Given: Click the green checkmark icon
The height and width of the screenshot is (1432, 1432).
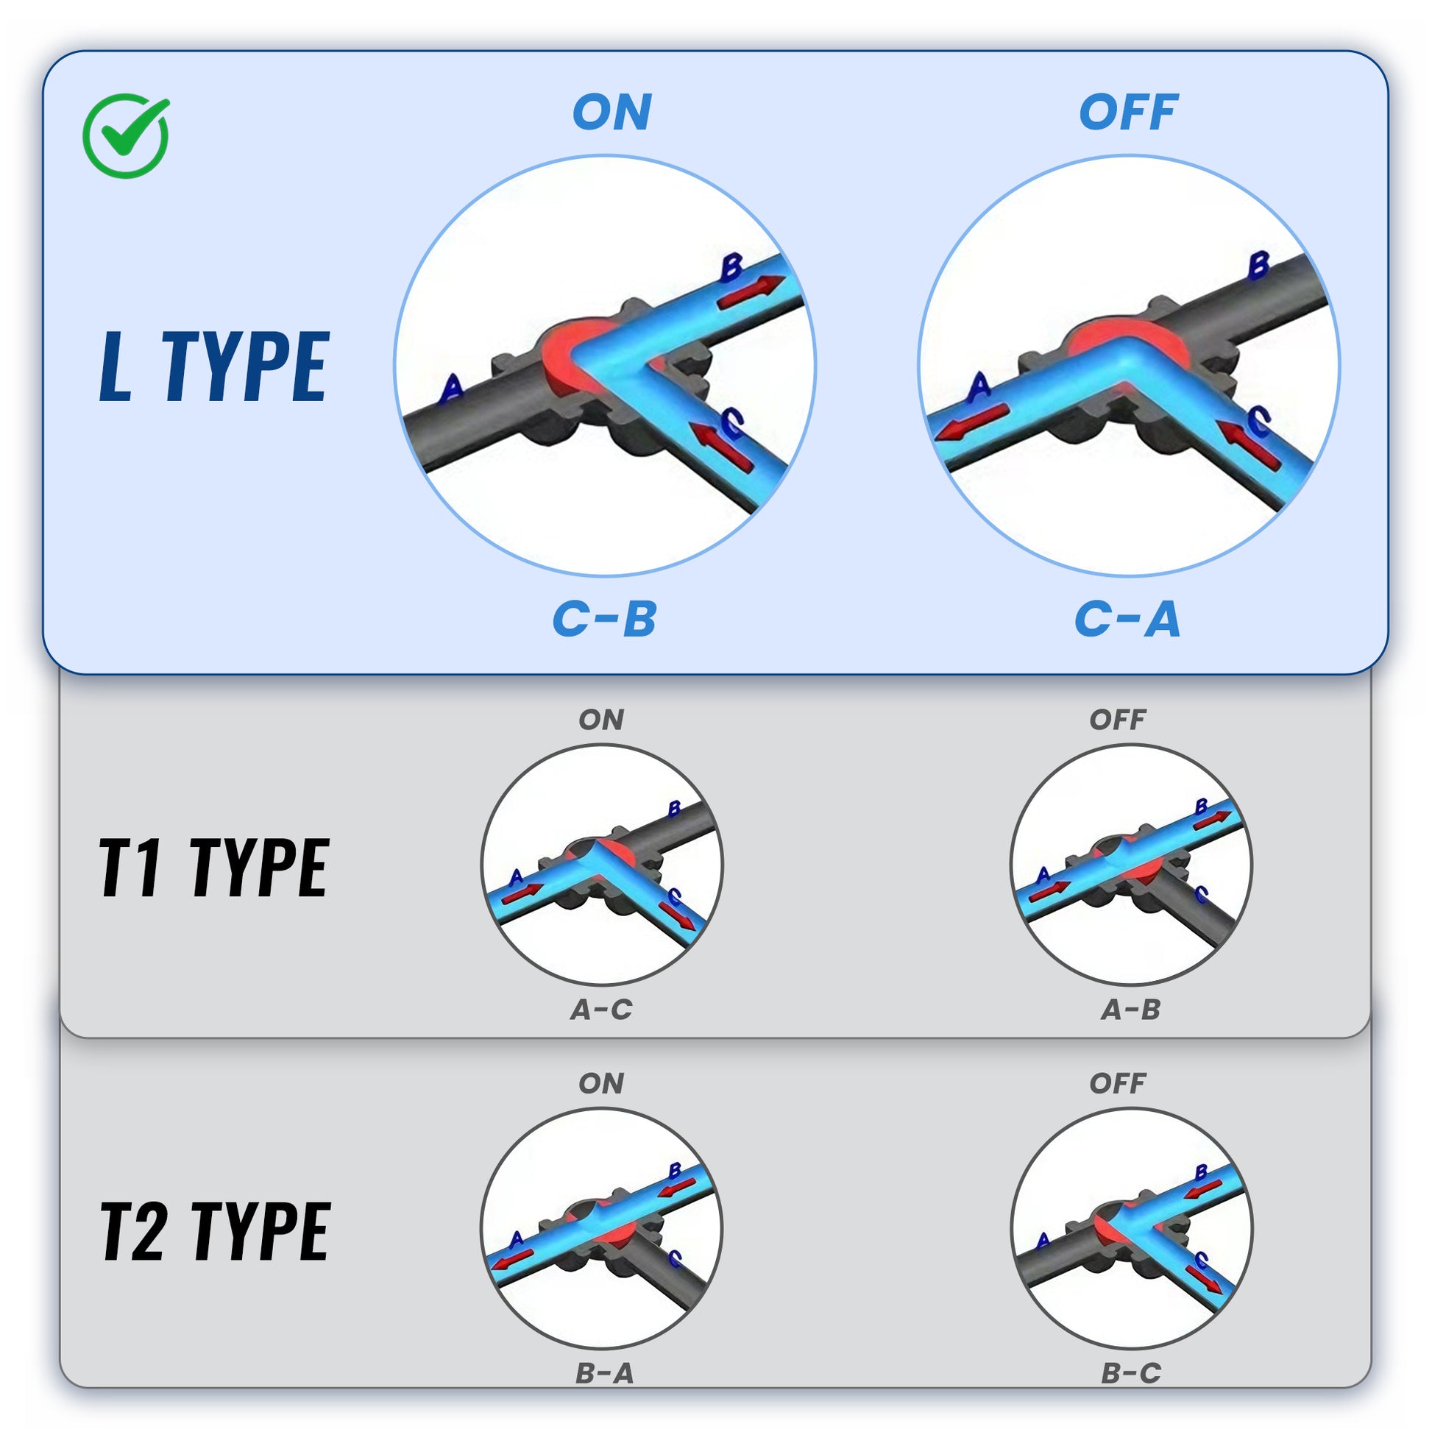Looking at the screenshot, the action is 126,135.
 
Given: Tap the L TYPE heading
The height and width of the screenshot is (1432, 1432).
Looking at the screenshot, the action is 213,367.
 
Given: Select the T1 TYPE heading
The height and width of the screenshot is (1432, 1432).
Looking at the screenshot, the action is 213,868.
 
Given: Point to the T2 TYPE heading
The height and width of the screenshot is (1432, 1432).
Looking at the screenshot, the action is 215,1231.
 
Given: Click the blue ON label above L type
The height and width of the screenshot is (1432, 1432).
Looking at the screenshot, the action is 612,113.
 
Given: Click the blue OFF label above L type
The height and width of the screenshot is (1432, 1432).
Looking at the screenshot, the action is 1128,113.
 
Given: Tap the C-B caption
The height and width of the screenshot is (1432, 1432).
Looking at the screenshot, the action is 605,619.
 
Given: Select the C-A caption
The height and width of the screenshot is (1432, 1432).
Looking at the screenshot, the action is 1127,619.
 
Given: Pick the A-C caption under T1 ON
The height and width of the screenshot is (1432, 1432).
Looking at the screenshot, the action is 602,1010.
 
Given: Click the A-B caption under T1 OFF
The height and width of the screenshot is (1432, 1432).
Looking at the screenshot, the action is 1131,1010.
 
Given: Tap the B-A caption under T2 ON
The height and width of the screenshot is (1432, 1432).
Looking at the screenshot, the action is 605,1373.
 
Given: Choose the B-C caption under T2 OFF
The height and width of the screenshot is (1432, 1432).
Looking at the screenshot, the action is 1131,1373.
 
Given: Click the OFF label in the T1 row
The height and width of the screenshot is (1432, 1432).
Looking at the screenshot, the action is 1118,720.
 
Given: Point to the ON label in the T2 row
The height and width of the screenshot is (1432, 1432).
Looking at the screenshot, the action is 601,1084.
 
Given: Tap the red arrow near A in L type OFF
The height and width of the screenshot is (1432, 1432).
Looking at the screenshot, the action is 971,422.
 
